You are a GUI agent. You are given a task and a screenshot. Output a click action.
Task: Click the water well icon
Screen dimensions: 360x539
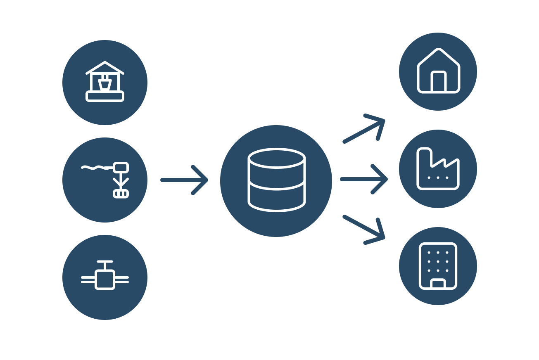[x=105, y=82]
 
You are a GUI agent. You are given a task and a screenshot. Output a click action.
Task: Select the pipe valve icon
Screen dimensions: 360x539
[x=105, y=277]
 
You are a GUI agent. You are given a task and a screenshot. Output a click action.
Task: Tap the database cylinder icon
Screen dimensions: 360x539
[x=276, y=180]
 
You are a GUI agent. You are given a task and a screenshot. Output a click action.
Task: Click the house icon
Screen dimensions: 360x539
[x=438, y=71]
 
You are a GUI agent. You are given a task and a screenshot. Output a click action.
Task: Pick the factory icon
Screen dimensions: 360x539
[x=438, y=169]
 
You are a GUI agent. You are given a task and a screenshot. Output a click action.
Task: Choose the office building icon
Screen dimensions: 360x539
[x=438, y=266]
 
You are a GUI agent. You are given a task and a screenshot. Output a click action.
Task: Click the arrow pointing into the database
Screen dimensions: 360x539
[x=185, y=180]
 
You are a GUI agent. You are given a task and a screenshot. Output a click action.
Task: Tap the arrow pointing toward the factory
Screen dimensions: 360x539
[x=364, y=179]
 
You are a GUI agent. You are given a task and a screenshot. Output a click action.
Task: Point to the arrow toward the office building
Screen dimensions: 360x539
[x=364, y=230]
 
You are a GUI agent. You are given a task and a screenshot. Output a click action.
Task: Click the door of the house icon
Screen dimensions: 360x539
[x=438, y=82]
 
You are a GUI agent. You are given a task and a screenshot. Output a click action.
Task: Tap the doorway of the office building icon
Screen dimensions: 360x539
[x=438, y=284]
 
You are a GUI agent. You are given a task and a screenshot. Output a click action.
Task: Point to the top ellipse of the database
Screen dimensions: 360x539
[x=276, y=159]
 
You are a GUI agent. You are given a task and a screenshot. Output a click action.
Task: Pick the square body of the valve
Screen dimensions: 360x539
[x=105, y=280]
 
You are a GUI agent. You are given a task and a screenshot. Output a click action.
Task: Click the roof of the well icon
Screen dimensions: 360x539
[x=105, y=67]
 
